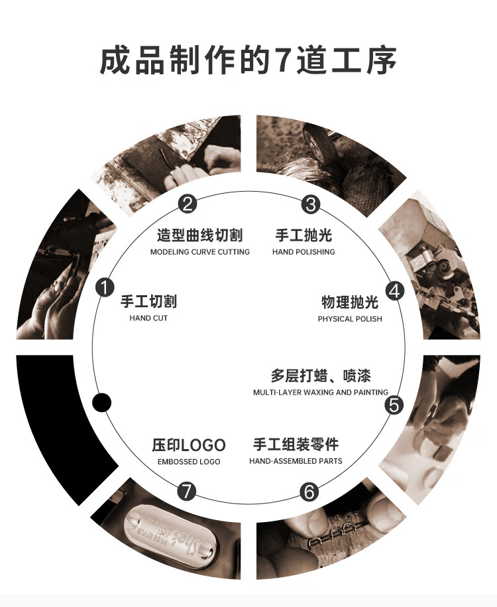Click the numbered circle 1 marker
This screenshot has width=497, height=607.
pos(104,288)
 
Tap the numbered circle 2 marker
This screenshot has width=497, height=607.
pos(189,204)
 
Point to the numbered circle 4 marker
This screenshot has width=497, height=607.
pos(395,291)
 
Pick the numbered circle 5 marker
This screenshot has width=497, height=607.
pos(394,405)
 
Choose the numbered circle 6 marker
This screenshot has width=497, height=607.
pos(309,492)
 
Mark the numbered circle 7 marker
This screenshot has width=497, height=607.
pos(188,492)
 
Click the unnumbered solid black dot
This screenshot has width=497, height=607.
pos(101,403)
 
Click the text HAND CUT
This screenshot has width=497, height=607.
pos(148,318)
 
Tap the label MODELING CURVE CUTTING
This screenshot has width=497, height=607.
pos(199,252)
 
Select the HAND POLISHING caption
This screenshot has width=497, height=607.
pos(304,252)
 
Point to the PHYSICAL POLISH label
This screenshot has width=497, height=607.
pos(350,319)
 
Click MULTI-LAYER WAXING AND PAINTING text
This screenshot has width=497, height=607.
pos(321,393)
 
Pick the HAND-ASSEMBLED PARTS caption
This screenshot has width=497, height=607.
pos(296,461)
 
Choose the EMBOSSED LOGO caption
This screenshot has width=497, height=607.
pos(189,462)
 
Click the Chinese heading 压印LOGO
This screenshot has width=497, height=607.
pos(189,445)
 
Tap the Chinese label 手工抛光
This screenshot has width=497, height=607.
pos(304,236)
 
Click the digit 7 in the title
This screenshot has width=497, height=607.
pos(283,61)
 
